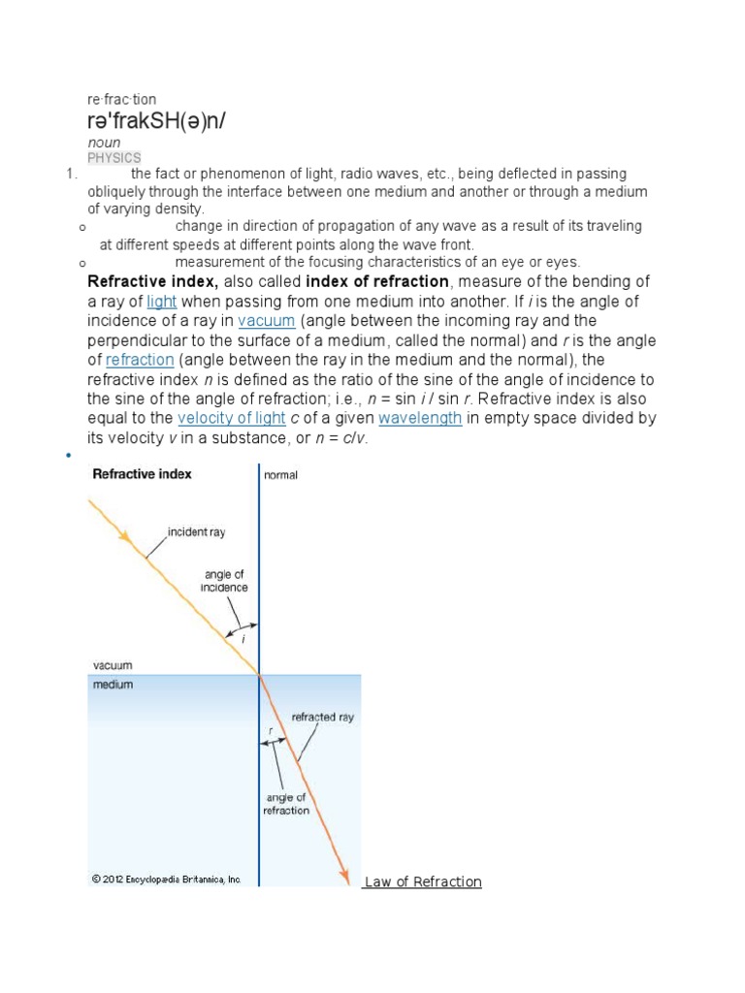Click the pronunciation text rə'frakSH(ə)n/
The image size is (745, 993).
click(x=159, y=122)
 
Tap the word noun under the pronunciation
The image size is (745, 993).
click(x=104, y=143)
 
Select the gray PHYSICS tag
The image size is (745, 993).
click(x=114, y=157)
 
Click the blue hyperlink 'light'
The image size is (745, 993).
click(x=161, y=302)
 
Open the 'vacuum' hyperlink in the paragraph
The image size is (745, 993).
click(x=266, y=321)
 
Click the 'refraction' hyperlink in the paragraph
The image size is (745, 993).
click(x=140, y=360)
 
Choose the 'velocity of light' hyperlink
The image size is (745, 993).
click(x=232, y=418)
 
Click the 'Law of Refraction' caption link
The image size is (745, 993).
click(x=423, y=881)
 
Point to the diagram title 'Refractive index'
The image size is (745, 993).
click(x=142, y=474)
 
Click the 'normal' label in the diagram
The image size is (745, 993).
click(x=281, y=475)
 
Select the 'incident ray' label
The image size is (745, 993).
click(x=197, y=531)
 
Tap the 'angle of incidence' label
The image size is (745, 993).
click(x=224, y=581)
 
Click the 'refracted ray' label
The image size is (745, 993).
click(x=323, y=718)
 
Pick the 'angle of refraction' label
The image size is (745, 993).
click(x=286, y=804)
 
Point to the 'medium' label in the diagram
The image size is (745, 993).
click(x=113, y=684)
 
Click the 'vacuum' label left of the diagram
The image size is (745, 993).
click(x=113, y=665)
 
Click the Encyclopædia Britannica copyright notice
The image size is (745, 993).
click(x=167, y=880)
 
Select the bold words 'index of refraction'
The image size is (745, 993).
click(x=377, y=282)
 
